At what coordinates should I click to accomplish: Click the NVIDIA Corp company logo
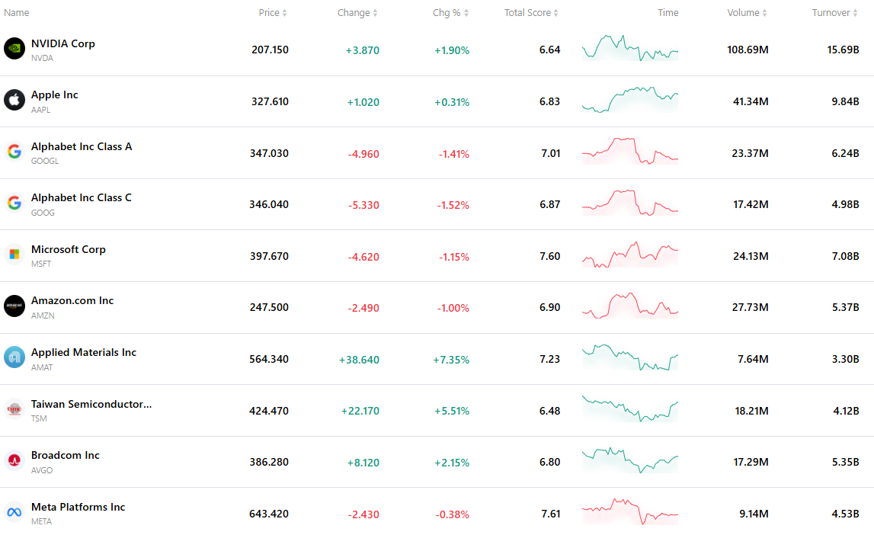coord(14,49)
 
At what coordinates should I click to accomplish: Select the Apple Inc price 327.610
coord(270,101)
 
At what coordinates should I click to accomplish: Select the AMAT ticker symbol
coord(42,367)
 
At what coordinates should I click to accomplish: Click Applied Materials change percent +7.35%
coord(452,360)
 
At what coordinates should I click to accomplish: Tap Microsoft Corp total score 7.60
coord(549,256)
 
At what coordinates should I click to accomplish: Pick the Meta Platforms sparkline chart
coord(630,511)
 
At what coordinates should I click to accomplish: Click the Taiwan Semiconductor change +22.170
coord(360,412)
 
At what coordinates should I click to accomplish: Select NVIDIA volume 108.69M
coord(748,50)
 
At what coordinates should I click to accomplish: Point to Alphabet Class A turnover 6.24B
coord(845,153)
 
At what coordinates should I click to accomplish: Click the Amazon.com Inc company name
coord(72,300)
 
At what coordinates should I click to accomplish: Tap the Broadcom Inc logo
coord(14,460)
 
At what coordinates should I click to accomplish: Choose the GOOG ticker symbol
coord(43,213)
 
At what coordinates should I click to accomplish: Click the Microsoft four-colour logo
coord(14,254)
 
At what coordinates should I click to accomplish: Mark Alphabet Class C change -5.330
coord(363,205)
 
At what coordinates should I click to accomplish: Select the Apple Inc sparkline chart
coord(630,99)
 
